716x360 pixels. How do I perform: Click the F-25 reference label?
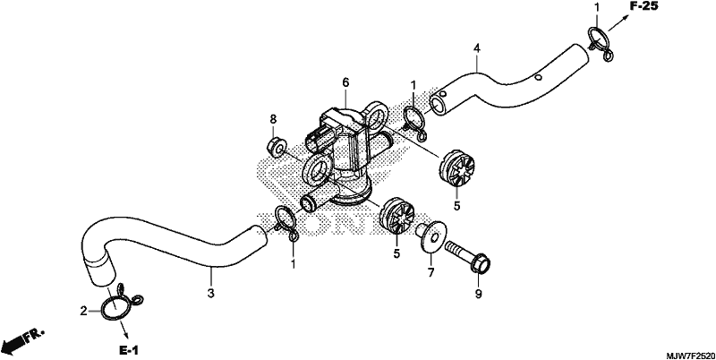click(644, 6)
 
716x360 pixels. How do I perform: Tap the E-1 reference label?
click(129, 350)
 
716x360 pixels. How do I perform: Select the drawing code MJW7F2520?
click(689, 355)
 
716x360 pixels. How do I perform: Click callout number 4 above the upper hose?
click(477, 48)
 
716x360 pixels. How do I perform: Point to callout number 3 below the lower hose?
click(210, 293)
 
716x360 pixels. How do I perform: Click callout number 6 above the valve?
click(345, 82)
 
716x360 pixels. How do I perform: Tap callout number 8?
click(273, 119)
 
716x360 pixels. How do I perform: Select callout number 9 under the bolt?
click(479, 295)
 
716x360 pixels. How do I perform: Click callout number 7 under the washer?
click(430, 273)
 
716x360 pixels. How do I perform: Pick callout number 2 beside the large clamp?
click(83, 312)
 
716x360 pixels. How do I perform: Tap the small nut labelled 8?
click(276, 147)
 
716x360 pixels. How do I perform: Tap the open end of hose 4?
click(439, 103)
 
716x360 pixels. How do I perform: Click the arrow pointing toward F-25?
click(618, 21)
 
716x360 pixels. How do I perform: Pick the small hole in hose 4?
click(538, 77)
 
